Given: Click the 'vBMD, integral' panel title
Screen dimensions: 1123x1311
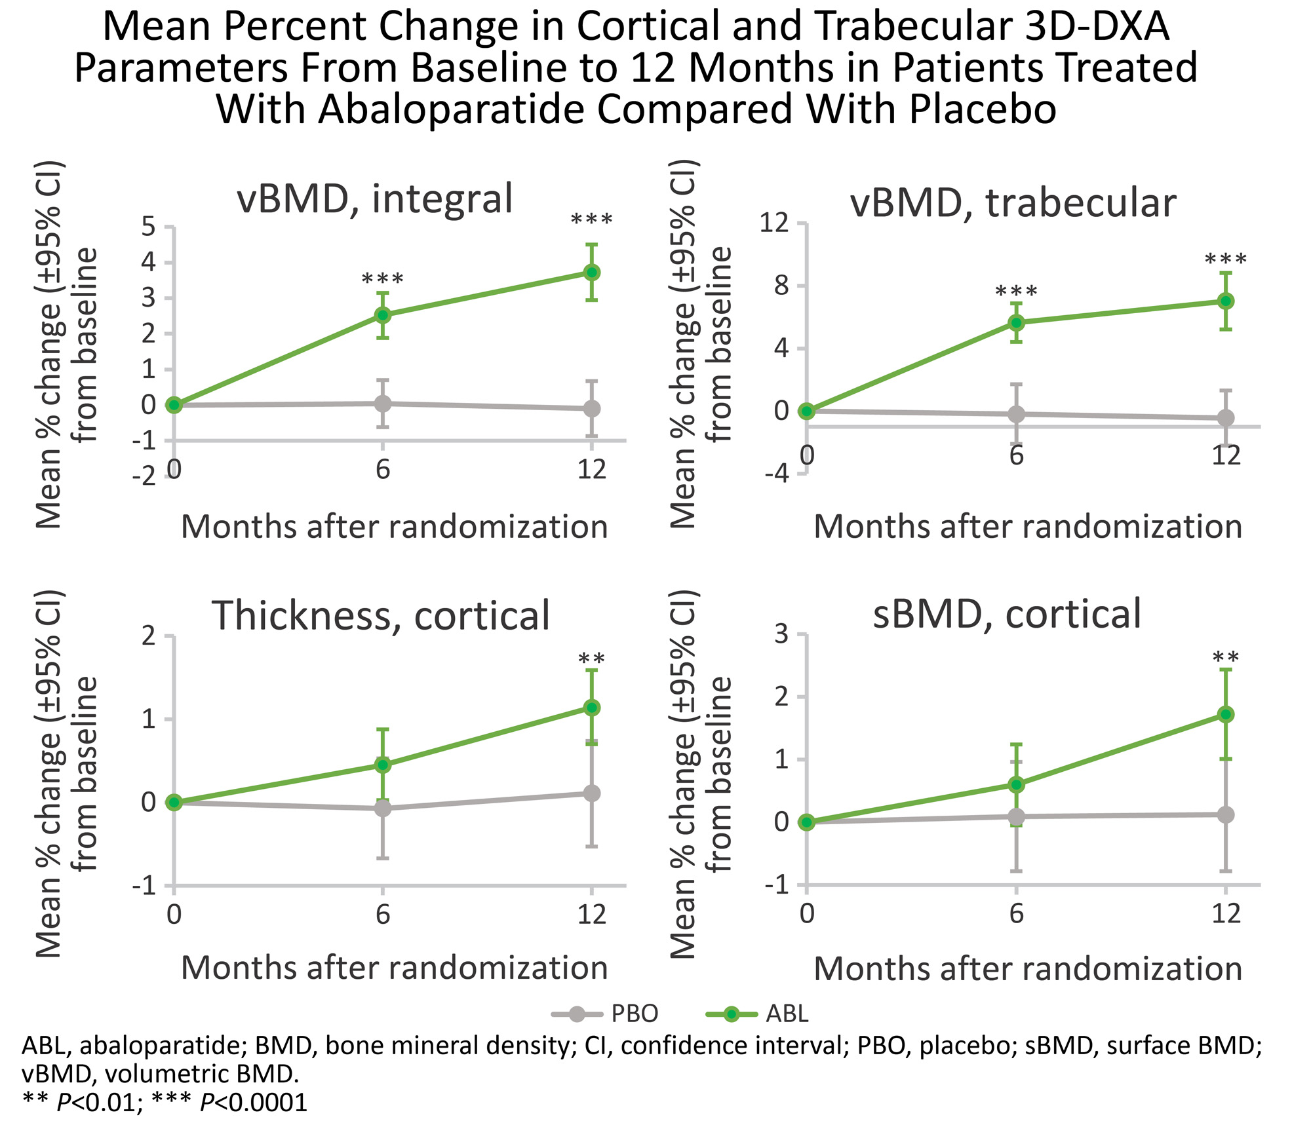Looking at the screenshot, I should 374,199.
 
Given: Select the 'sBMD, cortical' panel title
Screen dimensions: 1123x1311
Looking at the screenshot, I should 1007,614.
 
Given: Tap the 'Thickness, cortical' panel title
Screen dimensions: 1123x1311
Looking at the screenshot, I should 380,616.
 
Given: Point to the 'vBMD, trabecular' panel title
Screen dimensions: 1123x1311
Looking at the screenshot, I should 1013,202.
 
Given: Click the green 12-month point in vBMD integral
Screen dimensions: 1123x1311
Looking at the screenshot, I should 592,272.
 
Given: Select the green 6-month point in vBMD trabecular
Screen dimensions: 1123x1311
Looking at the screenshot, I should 1016,322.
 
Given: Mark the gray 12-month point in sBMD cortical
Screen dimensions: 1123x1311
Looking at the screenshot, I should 1225,814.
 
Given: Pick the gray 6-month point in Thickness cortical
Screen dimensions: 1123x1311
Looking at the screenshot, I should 383,809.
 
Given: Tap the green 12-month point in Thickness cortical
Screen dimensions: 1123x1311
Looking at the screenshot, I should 592,708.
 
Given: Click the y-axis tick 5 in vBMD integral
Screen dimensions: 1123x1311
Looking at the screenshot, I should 149,227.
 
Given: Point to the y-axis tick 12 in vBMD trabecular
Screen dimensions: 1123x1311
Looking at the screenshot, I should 773,223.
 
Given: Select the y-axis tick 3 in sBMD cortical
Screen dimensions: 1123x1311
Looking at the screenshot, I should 781,634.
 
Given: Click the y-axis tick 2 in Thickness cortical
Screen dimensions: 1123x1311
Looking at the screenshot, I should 149,636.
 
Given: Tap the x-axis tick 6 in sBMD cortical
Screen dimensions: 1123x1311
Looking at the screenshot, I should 1016,913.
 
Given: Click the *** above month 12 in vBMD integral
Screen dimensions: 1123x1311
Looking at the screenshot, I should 592,220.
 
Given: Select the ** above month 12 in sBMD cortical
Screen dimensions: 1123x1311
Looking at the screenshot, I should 1225,658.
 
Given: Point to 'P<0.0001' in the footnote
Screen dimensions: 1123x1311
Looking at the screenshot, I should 254,1102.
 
